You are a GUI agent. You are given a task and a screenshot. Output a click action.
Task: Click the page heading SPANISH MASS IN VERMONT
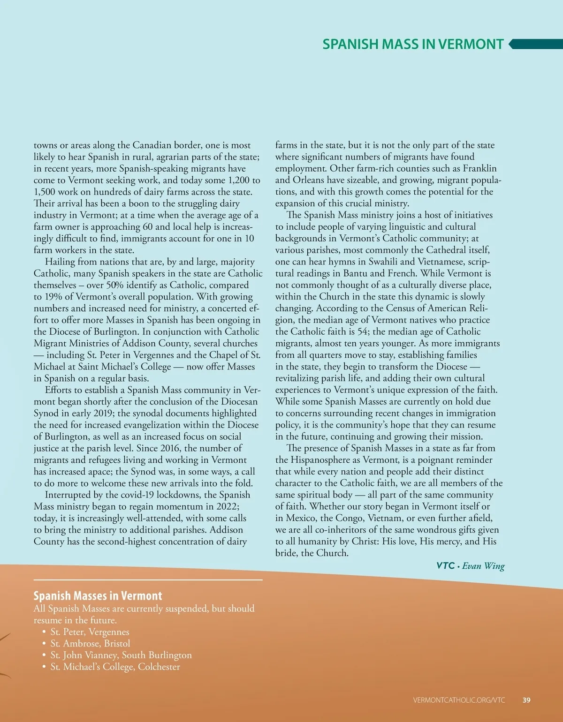tap(413, 44)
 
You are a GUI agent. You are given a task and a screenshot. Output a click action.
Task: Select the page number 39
tap(526, 700)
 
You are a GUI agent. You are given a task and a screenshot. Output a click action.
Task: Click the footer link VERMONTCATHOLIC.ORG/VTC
tap(459, 700)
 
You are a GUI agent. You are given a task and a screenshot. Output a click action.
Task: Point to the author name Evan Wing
tap(483, 566)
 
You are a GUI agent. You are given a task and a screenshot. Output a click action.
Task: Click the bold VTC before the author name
tap(445, 566)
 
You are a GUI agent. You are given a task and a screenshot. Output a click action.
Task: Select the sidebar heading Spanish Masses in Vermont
tap(98, 596)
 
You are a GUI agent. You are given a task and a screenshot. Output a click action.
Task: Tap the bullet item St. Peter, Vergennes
tap(90, 632)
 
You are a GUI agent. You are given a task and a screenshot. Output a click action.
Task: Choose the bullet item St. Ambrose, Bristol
tap(90, 644)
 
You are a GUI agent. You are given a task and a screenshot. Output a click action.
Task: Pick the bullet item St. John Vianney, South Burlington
tap(121, 655)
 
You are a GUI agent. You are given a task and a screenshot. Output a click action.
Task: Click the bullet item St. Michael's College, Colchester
tap(115, 667)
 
